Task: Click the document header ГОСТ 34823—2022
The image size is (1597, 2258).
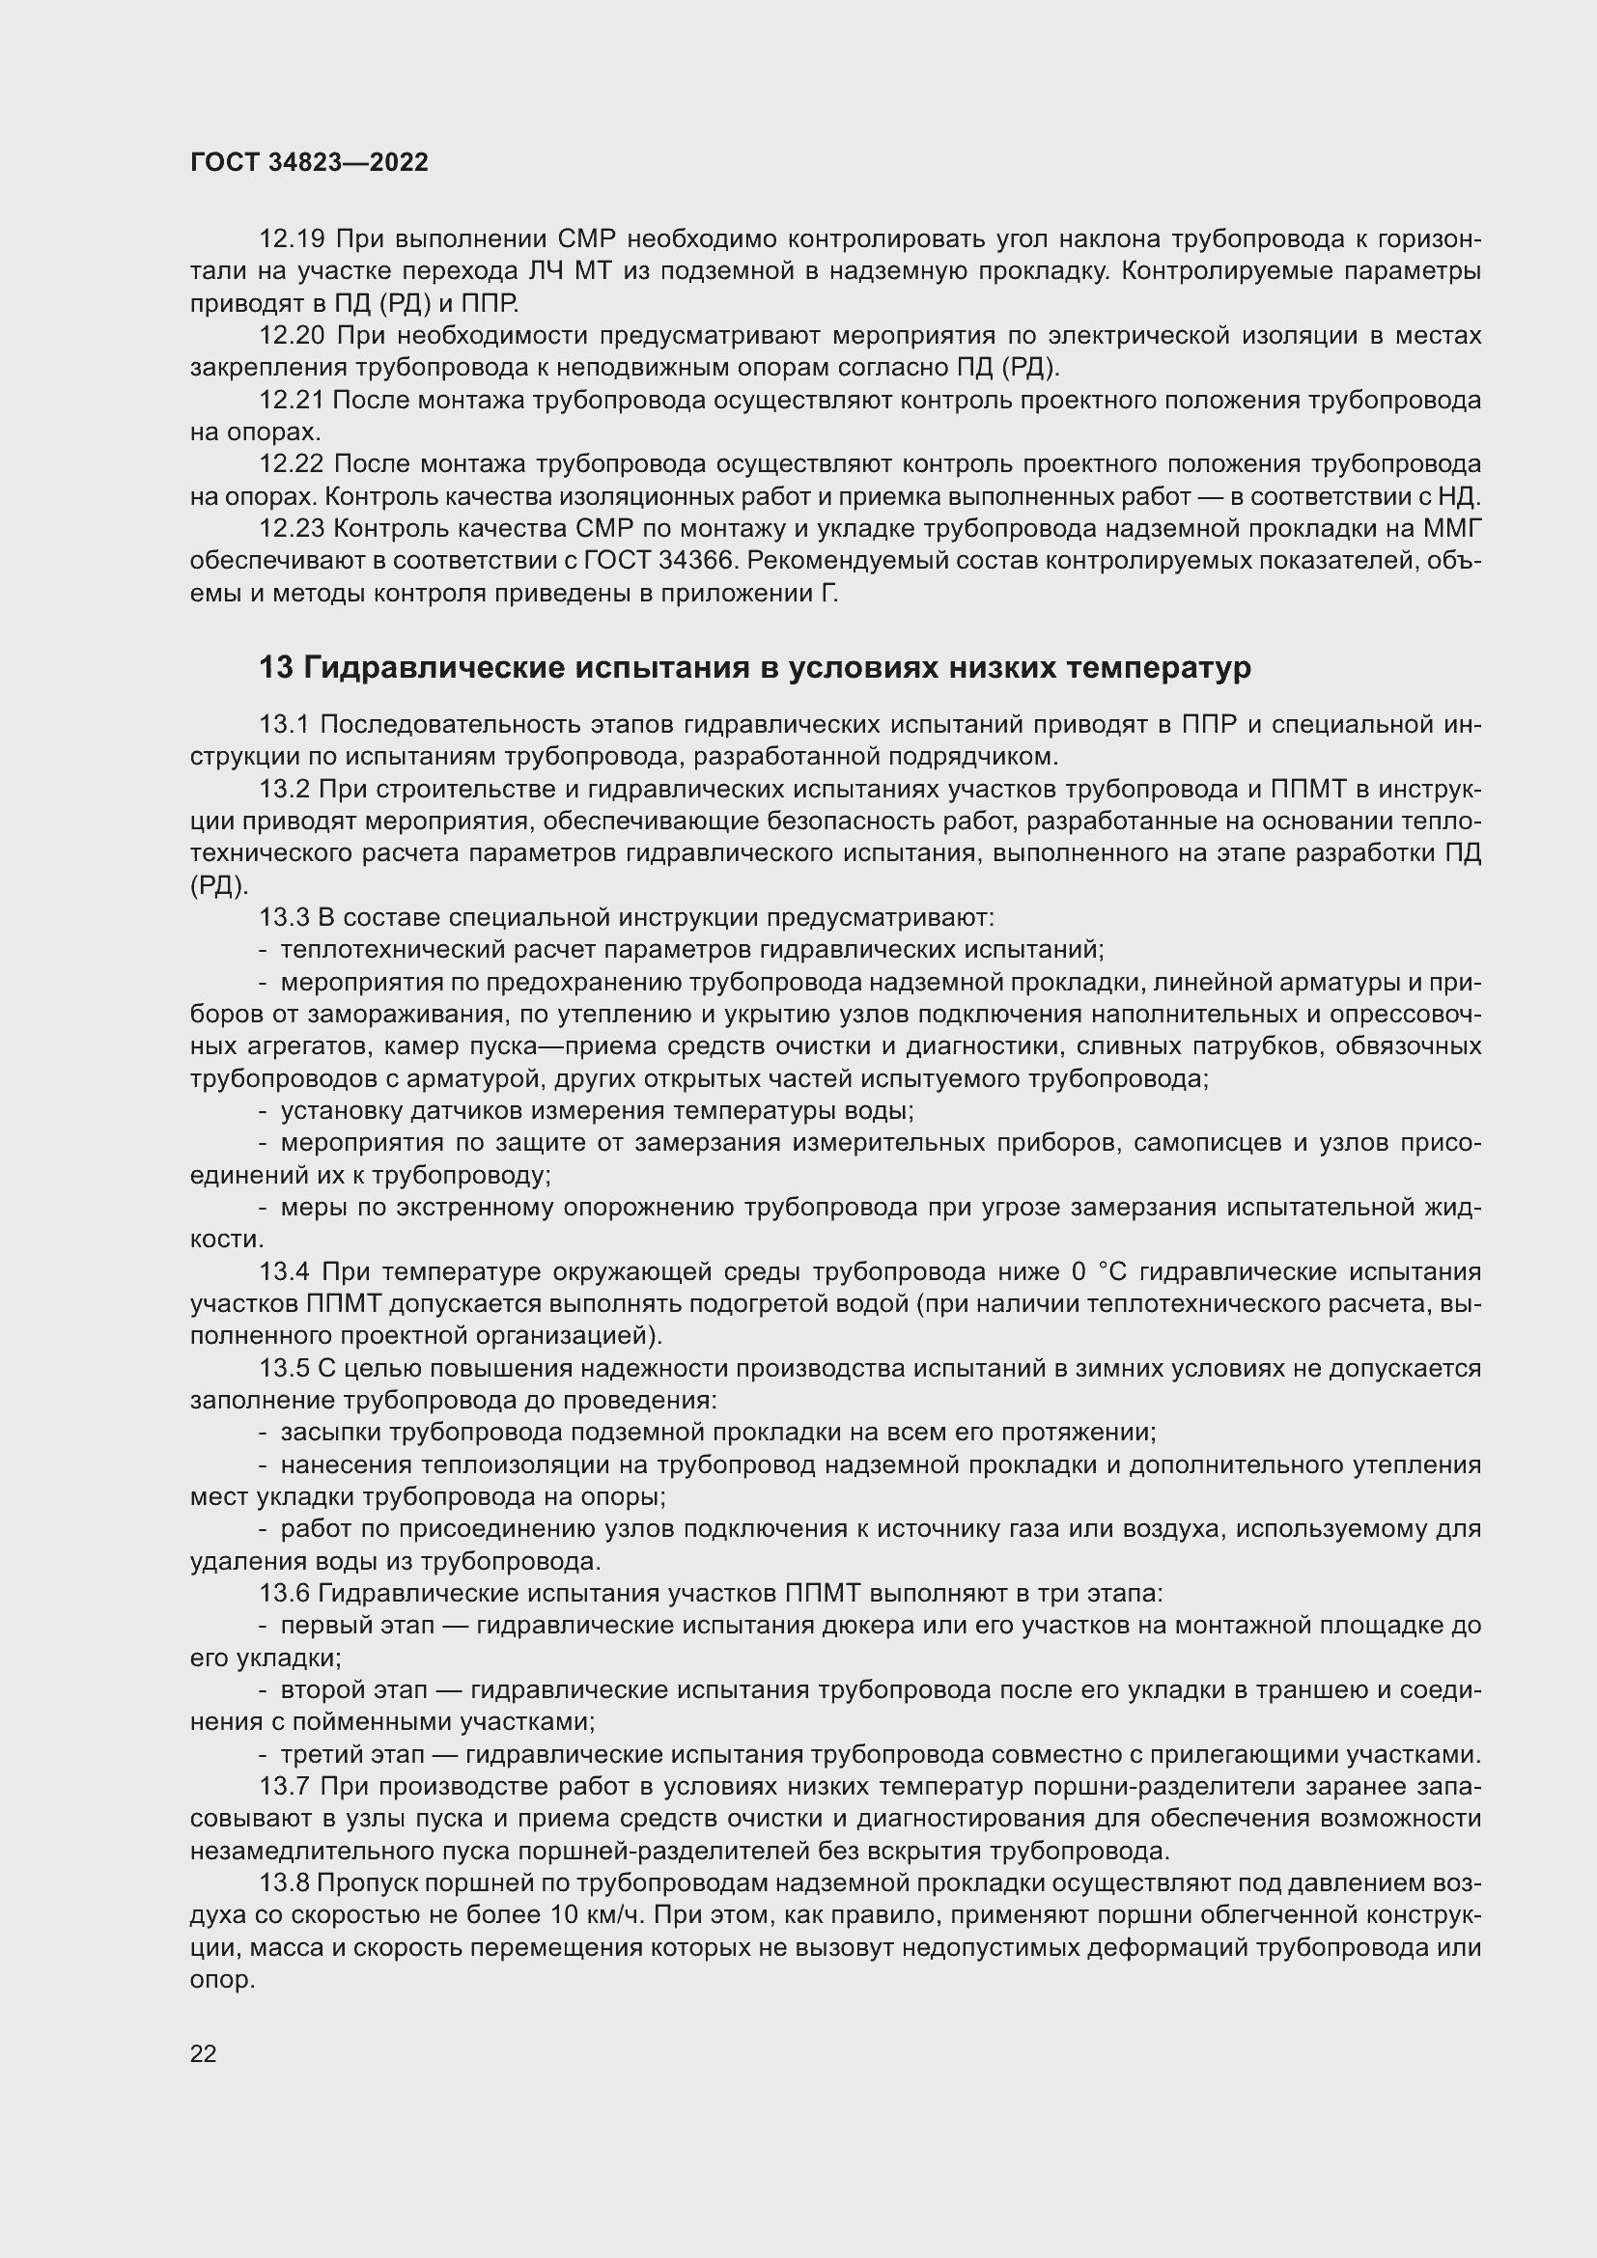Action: [x=309, y=163]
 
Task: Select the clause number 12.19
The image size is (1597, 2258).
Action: [x=291, y=239]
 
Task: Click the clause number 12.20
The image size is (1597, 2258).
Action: [x=291, y=336]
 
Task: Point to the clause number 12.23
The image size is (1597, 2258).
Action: [x=291, y=529]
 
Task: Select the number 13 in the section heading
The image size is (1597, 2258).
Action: [x=275, y=668]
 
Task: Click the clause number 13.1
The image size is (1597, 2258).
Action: [x=284, y=725]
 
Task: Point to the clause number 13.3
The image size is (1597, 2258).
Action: [x=284, y=917]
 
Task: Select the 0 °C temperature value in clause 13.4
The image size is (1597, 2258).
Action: [x=1099, y=1272]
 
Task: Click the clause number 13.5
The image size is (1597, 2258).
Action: [x=284, y=1369]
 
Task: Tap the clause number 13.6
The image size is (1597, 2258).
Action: [x=284, y=1594]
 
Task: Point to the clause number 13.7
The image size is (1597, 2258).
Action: [x=284, y=1787]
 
